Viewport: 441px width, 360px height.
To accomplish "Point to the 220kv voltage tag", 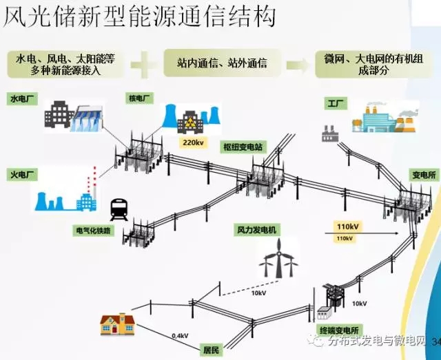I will [189, 143].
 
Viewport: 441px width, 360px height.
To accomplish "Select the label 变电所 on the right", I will [422, 174].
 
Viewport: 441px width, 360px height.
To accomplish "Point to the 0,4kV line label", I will [181, 335].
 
